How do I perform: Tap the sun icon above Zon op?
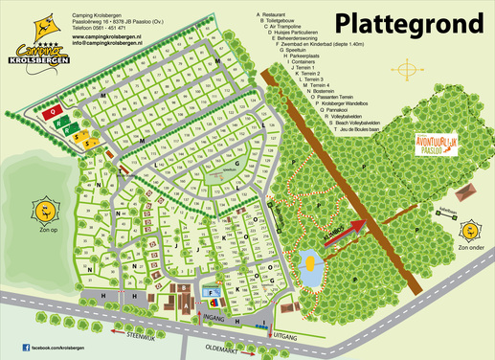click(42, 210)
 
